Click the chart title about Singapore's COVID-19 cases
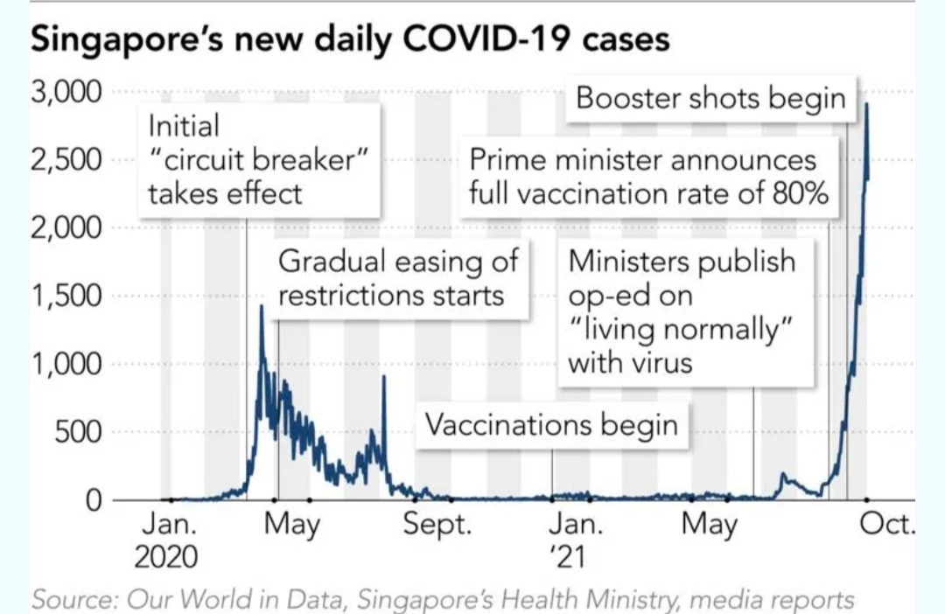click(x=350, y=40)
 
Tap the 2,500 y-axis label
click(x=68, y=161)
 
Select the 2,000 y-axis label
click(x=68, y=228)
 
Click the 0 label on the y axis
click(x=94, y=500)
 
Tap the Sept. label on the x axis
click(x=437, y=527)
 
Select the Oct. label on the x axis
click(x=887, y=527)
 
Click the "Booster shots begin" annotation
click(x=710, y=98)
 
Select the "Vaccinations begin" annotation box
click(x=551, y=425)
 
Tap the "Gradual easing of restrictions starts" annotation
click(x=398, y=277)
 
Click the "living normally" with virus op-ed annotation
click(x=682, y=311)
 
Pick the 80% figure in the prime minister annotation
click(x=800, y=192)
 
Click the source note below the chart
click(x=442, y=601)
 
